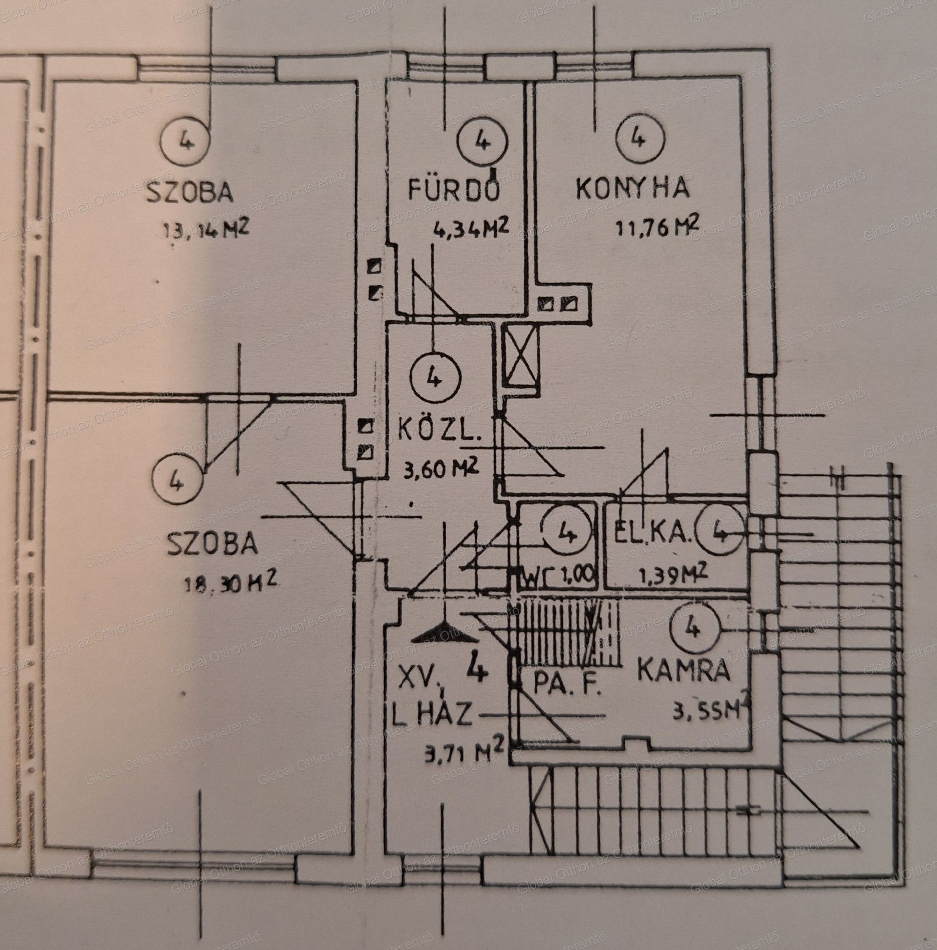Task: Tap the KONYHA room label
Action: click(x=632, y=189)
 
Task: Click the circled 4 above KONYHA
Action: click(x=638, y=139)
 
